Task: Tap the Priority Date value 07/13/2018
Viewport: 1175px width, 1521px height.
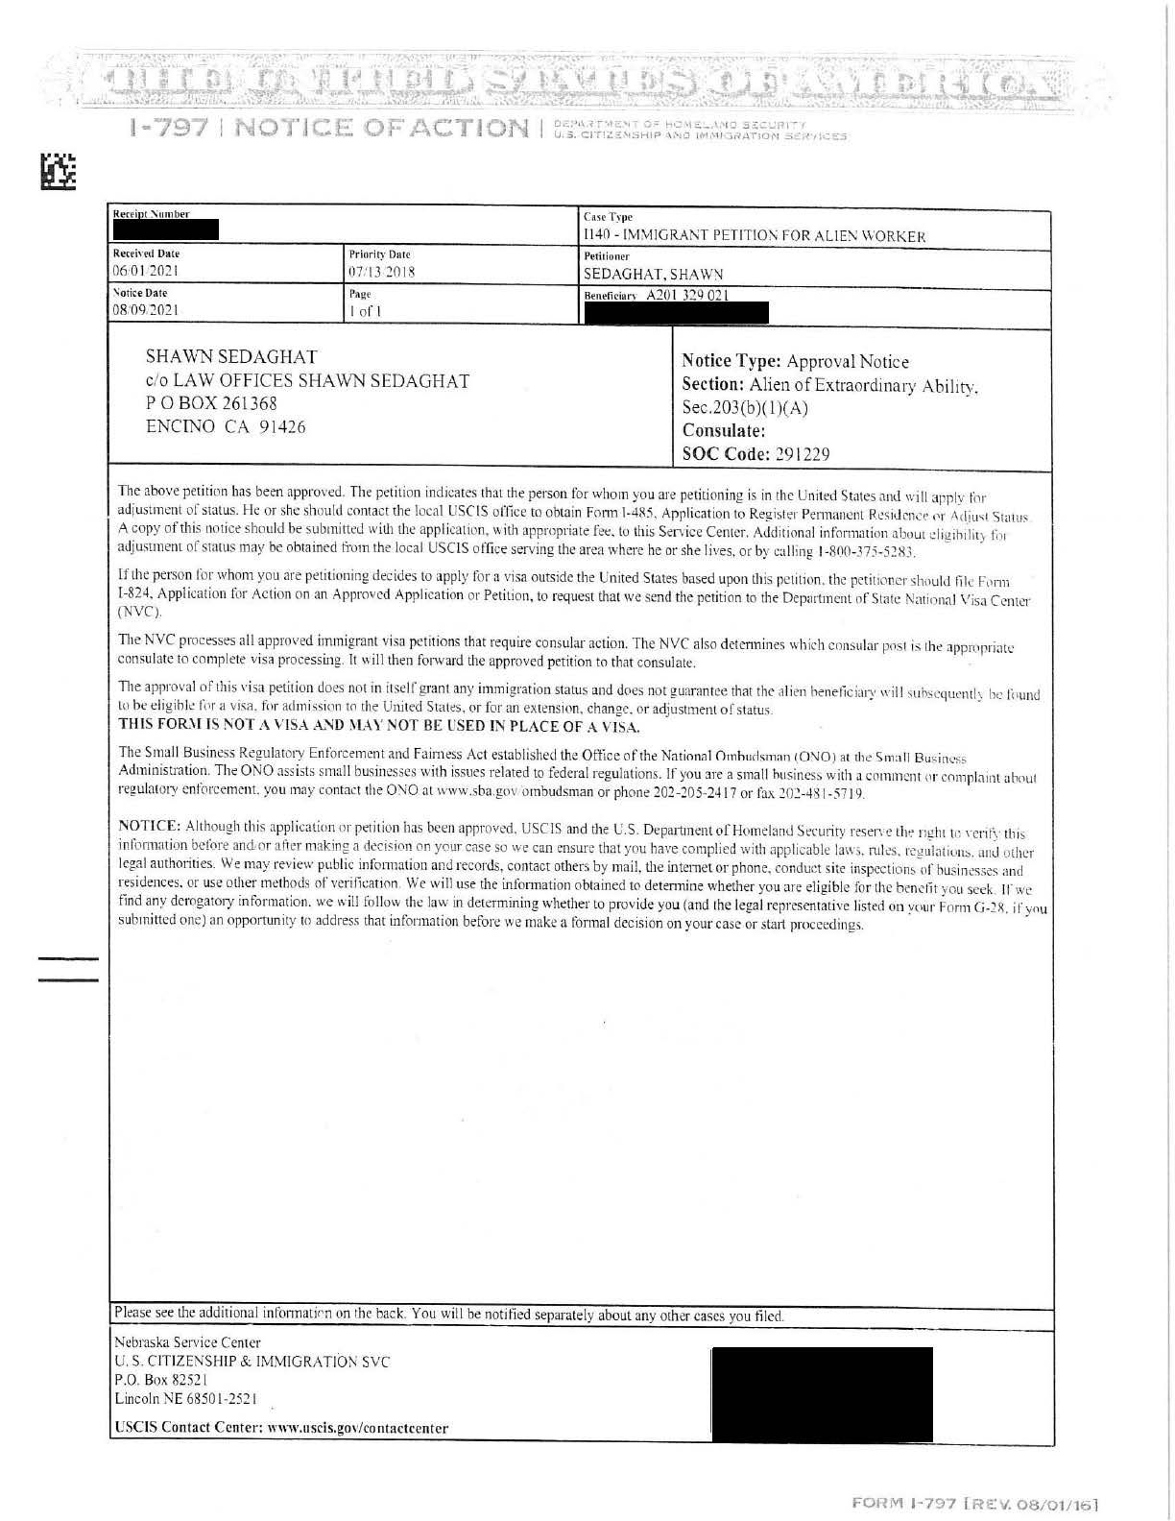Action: [x=378, y=272]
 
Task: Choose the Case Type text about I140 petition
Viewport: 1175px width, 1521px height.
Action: [x=755, y=235]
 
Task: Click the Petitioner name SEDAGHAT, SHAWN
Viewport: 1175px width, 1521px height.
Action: [x=653, y=274]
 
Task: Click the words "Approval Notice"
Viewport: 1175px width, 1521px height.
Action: [x=848, y=362]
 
